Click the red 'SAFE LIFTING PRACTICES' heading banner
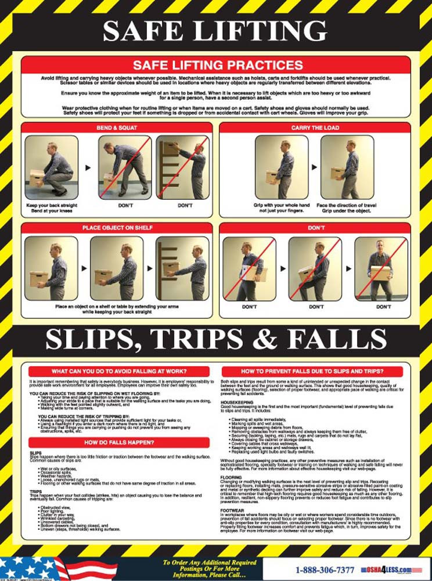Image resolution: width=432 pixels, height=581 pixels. coord(216,65)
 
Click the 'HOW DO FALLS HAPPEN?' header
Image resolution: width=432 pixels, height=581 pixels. coord(118,443)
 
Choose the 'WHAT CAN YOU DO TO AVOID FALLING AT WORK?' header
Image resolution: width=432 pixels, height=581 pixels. coord(118,371)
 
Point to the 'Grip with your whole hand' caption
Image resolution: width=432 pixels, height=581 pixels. coord(281,205)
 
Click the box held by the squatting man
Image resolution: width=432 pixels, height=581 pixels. coord(39,175)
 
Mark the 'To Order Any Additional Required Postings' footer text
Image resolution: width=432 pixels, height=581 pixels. coord(209,562)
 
